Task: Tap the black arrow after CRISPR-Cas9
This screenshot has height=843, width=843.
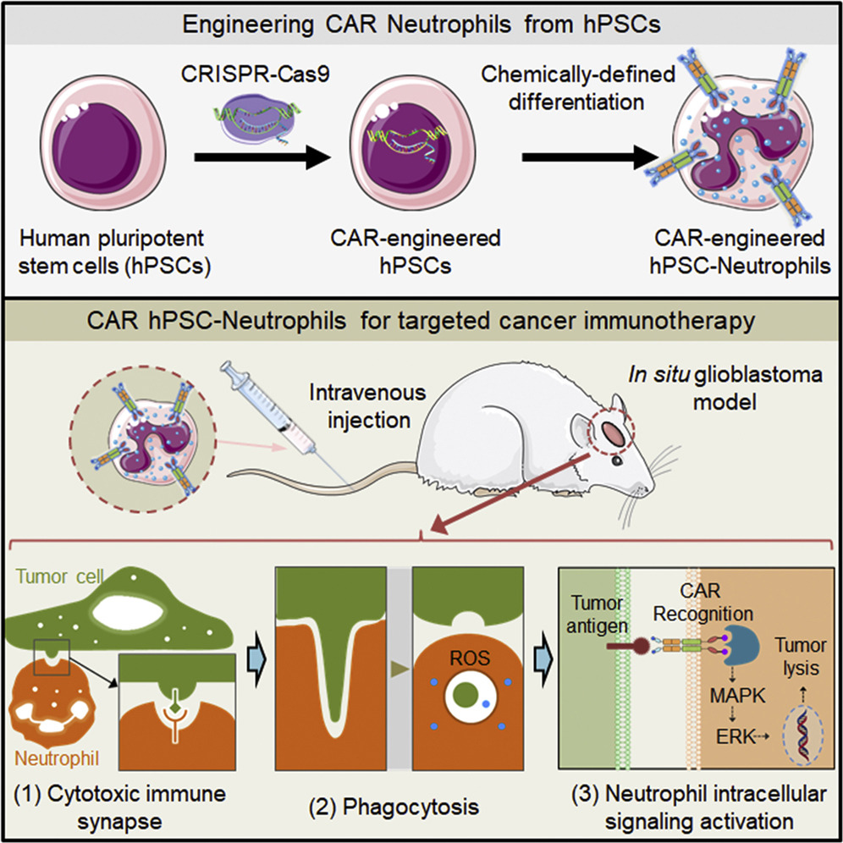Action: [258, 157]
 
